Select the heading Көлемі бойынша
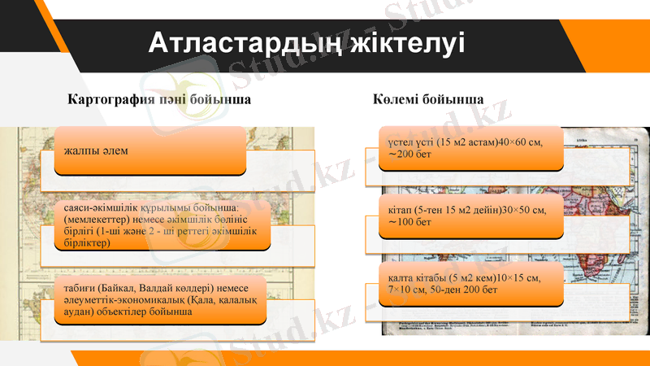[429, 100]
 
